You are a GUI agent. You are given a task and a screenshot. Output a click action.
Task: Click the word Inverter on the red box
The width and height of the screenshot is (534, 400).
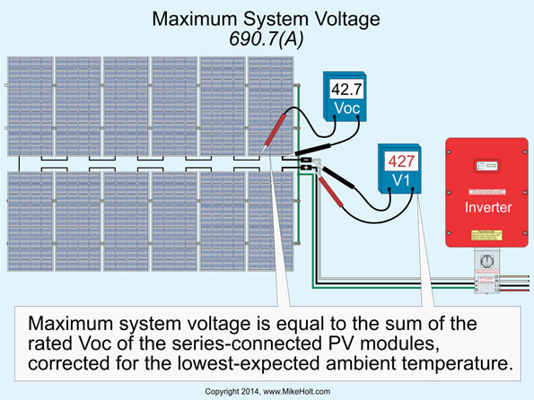488,208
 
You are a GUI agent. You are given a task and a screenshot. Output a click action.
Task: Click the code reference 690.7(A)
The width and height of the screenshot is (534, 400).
266,39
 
